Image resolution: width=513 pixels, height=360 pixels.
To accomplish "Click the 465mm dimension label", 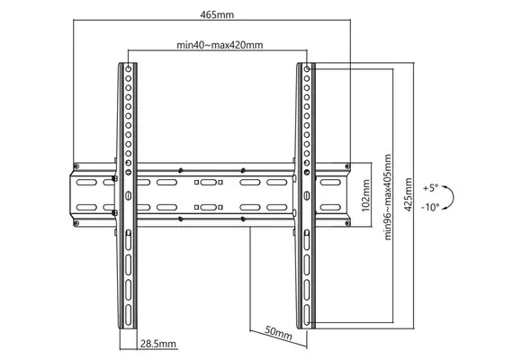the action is [217, 14].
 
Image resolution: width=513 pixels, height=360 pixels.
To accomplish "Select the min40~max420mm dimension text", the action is [220, 45].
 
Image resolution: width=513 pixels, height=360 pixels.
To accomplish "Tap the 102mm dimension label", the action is [365, 195].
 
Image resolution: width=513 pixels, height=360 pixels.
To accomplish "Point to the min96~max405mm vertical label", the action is [388, 197].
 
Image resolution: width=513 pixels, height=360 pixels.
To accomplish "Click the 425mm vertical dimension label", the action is [408, 194].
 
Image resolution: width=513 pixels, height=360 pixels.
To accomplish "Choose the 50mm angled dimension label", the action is [278, 332].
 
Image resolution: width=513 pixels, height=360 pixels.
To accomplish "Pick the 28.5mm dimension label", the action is [158, 344].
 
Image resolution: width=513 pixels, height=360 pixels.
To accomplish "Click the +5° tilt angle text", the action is [430, 188].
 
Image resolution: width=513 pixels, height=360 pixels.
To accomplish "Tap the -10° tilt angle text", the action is [430, 207].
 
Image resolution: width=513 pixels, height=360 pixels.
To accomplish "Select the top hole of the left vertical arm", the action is [128, 68].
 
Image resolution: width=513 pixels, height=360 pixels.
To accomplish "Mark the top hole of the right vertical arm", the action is [307, 68].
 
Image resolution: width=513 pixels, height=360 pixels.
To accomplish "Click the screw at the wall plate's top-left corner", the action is [76, 166].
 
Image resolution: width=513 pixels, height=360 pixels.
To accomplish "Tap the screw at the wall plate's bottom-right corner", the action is [347, 223].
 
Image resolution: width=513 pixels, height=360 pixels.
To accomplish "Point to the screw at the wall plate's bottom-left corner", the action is [76, 223].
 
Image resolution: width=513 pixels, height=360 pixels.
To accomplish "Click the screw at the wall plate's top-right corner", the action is [347, 166].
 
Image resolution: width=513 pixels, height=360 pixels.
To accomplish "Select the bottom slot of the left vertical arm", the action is [128, 315].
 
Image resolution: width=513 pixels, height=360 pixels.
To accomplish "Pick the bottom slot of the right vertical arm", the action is [307, 315].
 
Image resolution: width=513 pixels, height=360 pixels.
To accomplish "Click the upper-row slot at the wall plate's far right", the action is [330, 183].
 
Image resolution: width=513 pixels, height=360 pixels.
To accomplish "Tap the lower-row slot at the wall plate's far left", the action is [86, 207].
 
